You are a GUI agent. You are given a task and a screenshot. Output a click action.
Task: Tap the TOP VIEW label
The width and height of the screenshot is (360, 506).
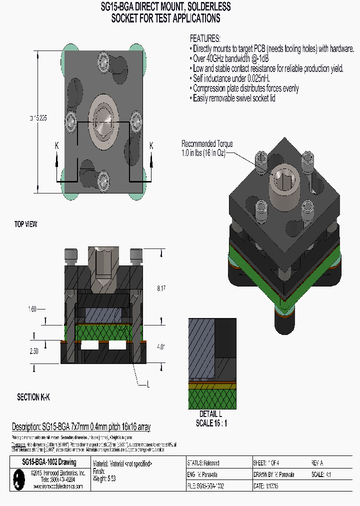pos(25,224)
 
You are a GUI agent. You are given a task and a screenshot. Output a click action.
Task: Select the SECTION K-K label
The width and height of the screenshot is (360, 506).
pos(33,397)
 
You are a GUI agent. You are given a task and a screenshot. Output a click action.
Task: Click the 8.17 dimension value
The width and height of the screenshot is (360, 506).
pos(160,288)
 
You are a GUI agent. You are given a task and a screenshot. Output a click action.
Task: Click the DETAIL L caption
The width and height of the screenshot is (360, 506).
pos(210,414)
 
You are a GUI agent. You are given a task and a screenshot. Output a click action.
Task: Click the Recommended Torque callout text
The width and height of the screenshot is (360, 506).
pos(206,148)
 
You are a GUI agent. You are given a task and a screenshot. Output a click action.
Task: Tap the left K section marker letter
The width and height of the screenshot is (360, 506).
pos(57,145)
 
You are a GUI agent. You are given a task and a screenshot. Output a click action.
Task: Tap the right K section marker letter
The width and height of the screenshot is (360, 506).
pos(151,145)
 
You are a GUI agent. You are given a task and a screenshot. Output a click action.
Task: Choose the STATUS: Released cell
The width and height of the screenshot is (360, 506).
pos(203,463)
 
